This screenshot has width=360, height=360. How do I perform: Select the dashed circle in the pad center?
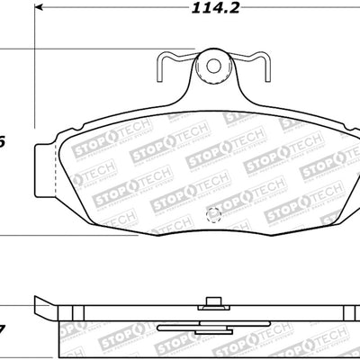tap(213, 214)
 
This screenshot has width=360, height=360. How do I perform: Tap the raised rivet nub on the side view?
tap(213, 304)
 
